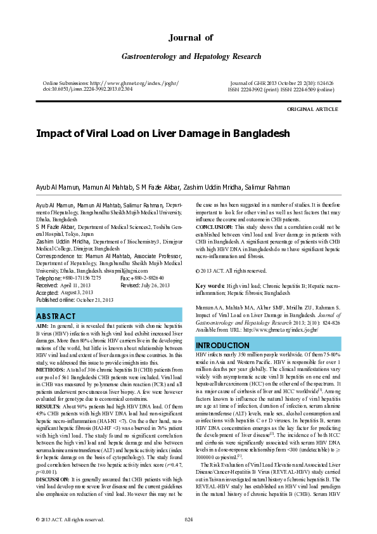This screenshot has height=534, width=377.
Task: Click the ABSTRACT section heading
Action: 57,316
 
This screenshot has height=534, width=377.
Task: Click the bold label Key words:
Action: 210,286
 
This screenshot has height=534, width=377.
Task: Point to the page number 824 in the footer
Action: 188,519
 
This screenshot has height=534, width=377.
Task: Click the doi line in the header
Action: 87,89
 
